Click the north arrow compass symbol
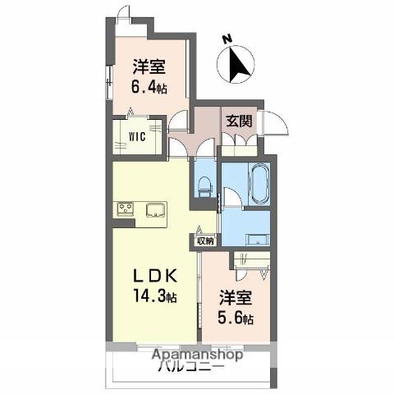(236, 65)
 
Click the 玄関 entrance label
(239, 121)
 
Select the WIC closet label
(137, 136)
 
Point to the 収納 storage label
(205, 241)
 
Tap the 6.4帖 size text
(149, 87)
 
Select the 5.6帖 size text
(236, 318)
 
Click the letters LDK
(155, 276)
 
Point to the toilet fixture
(205, 186)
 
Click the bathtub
(259, 184)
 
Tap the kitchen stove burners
(125, 209)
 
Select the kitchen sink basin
(156, 210)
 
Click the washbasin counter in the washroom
(259, 240)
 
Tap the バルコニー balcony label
(191, 366)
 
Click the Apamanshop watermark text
(197, 355)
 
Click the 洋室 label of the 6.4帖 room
(149, 66)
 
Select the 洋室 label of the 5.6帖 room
(236, 298)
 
